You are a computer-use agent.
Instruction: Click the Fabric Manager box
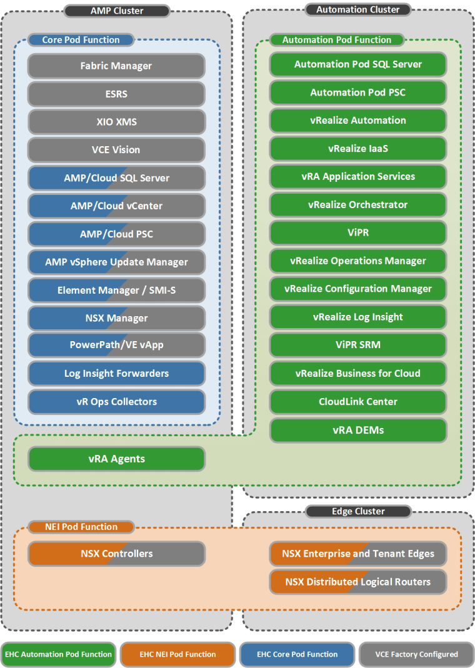point(116,66)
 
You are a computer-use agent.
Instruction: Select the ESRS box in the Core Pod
point(116,94)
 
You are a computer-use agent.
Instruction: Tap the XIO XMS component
point(116,122)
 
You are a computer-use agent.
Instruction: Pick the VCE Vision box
point(116,150)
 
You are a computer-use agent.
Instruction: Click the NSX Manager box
point(116,318)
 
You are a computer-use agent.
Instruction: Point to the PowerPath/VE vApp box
point(116,345)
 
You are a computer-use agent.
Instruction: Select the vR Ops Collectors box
point(116,402)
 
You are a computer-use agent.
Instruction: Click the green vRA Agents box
point(116,459)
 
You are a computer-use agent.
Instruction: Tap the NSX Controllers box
point(116,554)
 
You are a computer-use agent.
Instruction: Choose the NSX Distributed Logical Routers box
point(357,582)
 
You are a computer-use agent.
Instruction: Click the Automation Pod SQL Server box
point(357,64)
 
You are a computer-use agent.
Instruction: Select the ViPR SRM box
point(357,345)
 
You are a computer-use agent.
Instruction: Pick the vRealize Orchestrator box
point(357,204)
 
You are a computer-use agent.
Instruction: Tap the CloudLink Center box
point(357,402)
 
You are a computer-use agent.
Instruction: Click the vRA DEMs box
point(357,430)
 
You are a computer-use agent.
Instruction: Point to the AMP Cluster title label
point(117,11)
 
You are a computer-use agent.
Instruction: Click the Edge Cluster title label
point(358,511)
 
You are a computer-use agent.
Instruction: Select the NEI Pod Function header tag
point(81,527)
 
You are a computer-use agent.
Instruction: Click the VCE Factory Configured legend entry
point(416,654)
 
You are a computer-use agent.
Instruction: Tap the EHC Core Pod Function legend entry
point(297,654)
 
